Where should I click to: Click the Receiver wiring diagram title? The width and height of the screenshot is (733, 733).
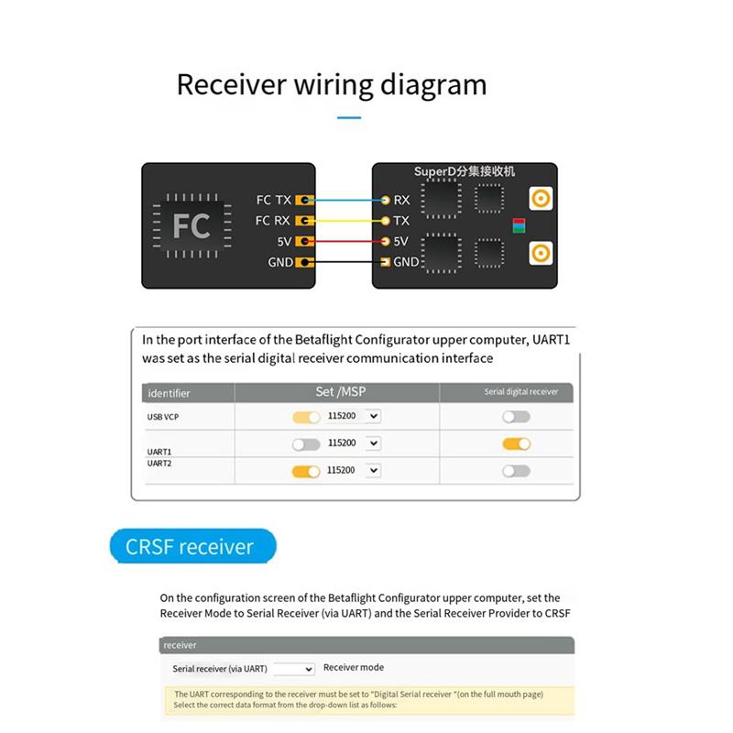pos(331,85)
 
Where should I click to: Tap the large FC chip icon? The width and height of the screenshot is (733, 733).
pos(191,224)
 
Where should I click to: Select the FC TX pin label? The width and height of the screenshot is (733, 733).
pos(274,200)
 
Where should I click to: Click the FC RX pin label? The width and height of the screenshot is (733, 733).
pos(274,221)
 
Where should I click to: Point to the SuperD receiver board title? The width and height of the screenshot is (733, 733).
pos(464,171)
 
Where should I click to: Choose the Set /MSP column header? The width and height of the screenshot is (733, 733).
pos(336,391)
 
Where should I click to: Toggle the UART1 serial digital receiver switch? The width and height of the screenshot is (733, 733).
pos(517,444)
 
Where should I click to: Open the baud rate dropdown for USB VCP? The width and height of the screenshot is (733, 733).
pos(372,417)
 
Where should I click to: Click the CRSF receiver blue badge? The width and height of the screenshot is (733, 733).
pos(191,547)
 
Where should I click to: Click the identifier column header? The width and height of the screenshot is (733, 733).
pos(169,393)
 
